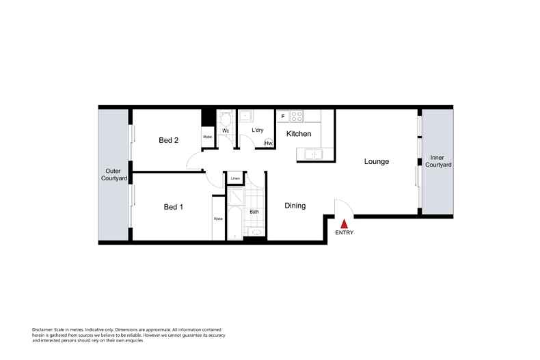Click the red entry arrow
coord(345,223)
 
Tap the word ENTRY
coord(345,233)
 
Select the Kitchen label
coord(299,134)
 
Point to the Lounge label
coord(376,162)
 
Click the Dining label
coord(295,206)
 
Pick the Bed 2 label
coord(168,141)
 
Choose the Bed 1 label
coord(173,206)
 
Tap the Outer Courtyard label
coord(113,174)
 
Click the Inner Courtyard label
coord(436,161)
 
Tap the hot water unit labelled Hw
coord(269,143)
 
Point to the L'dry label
coord(258,130)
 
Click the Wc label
coord(225,130)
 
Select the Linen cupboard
coord(234,179)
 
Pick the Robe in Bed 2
coord(207,137)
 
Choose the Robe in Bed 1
coord(218,219)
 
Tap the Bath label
coord(254,212)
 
